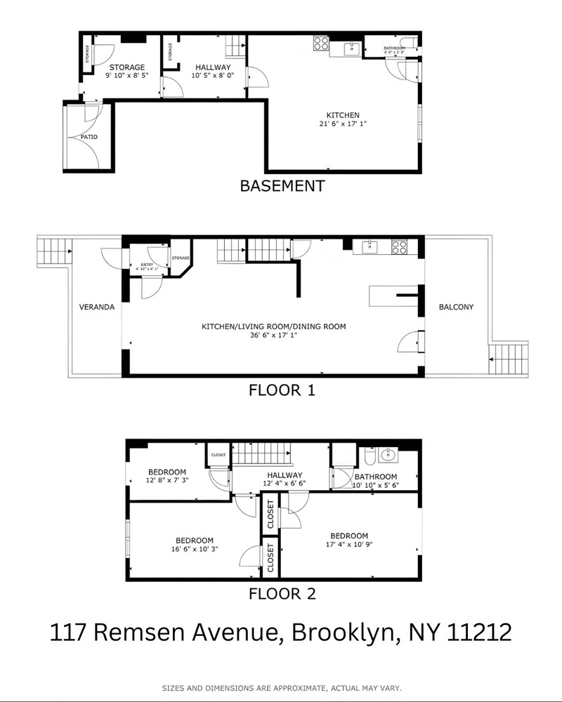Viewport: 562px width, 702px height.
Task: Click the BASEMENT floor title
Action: (x=282, y=186)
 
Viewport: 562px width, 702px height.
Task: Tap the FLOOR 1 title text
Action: (x=282, y=390)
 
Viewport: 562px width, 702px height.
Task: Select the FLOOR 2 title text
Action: (x=282, y=594)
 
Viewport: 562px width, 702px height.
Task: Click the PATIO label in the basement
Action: (x=89, y=137)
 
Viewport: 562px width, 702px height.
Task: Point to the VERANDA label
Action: (x=96, y=307)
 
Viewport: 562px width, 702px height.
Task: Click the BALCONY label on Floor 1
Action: (x=456, y=307)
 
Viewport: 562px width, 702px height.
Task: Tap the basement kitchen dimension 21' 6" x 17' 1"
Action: (x=343, y=124)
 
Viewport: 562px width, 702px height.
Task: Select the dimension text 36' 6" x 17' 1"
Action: (x=274, y=336)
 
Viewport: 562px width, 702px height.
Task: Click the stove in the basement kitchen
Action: (x=321, y=44)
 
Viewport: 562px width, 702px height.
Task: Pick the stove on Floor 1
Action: (x=400, y=247)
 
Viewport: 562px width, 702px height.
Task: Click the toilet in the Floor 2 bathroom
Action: (x=370, y=458)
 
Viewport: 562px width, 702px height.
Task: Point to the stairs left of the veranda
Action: (x=53, y=250)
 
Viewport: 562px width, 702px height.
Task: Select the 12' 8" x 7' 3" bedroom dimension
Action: (x=166, y=481)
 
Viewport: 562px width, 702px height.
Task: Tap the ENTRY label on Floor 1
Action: (x=146, y=263)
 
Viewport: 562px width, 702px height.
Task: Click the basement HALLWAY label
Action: (x=213, y=67)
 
